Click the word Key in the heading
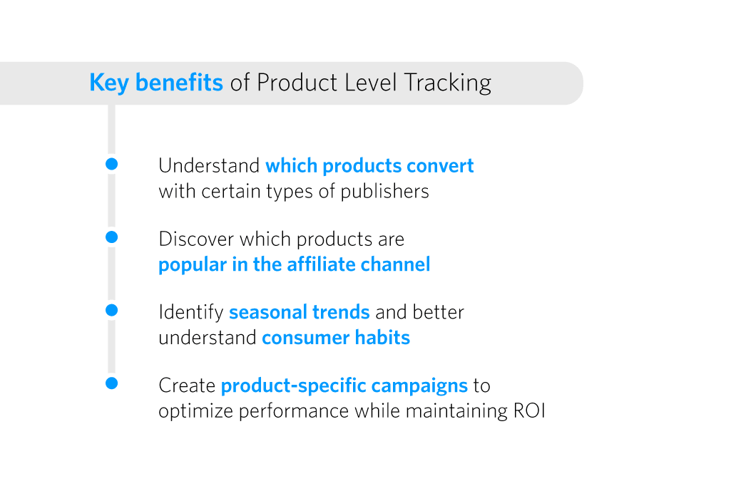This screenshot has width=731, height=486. (x=108, y=83)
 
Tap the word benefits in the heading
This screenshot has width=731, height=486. (x=179, y=83)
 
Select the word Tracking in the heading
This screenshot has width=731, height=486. (x=447, y=83)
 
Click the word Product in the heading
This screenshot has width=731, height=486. (x=297, y=83)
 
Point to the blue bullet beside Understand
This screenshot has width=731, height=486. (x=111, y=164)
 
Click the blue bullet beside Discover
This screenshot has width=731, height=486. (x=111, y=237)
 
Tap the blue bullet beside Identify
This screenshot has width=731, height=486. (x=111, y=310)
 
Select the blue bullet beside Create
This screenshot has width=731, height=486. (x=111, y=383)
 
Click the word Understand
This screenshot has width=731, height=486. (x=209, y=166)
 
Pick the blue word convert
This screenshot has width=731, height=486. (x=439, y=166)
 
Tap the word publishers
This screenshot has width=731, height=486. (x=384, y=192)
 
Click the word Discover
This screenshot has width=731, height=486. (x=196, y=239)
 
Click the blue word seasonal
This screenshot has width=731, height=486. (x=268, y=312)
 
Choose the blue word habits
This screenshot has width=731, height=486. (x=382, y=337)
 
